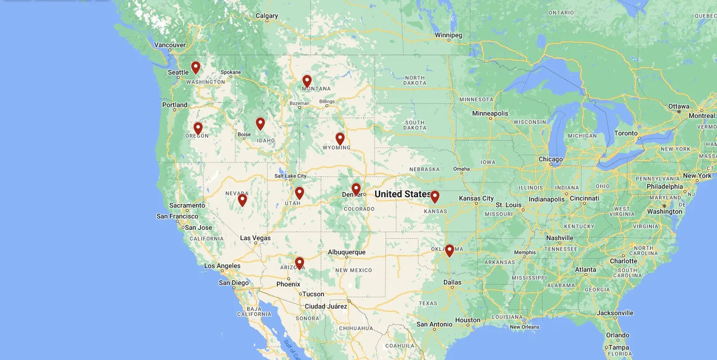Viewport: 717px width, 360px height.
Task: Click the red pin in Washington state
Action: [195, 67]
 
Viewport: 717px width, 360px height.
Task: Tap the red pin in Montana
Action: [307, 81]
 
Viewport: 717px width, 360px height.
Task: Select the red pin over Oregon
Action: [198, 128]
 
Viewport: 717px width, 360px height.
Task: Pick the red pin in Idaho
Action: [260, 124]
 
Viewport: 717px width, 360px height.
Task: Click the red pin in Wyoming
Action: [340, 138]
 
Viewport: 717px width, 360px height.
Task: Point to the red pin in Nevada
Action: [242, 200]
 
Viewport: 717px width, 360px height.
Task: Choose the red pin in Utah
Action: [300, 193]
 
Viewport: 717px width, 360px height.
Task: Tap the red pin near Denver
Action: [356, 189]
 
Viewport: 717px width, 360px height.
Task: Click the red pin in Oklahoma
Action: [450, 250]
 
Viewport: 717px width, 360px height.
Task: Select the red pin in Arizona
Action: [300, 263]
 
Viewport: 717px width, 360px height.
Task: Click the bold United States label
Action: [402, 194]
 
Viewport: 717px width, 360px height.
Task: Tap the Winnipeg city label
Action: [449, 35]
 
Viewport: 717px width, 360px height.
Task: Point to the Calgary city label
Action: [267, 16]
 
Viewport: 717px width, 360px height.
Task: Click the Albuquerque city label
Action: [347, 252]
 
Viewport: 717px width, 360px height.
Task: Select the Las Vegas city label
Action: [255, 238]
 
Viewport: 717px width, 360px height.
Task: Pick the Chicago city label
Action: [550, 159]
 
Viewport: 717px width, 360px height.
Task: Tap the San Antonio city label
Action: [434, 324]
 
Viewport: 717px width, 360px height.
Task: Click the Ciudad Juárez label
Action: [326, 306]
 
